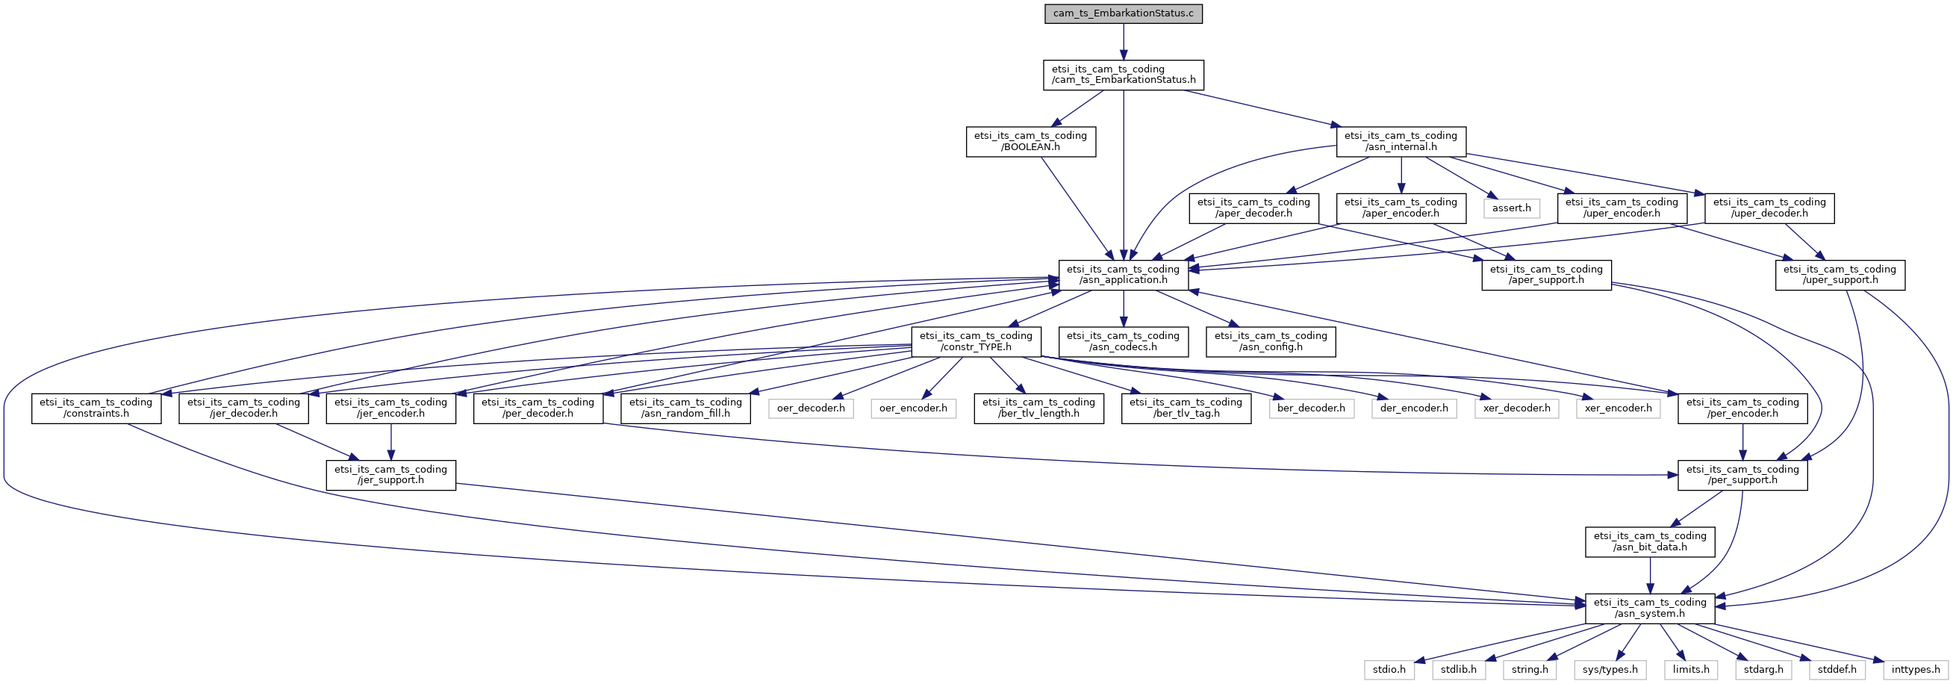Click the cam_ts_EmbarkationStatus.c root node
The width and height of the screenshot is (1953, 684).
click(x=1123, y=13)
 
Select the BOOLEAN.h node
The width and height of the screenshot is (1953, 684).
click(x=1030, y=142)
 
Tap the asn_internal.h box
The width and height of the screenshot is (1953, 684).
click(x=1401, y=142)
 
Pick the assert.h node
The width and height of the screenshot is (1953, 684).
click(x=1511, y=208)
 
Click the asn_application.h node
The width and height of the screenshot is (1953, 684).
click(x=1123, y=275)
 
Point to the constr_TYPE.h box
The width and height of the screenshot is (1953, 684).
click(x=976, y=341)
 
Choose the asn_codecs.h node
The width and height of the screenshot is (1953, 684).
click(x=1123, y=341)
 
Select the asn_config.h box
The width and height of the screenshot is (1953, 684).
click(x=1271, y=341)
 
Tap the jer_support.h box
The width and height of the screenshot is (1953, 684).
click(x=390, y=475)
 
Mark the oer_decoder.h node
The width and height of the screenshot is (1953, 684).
click(x=811, y=408)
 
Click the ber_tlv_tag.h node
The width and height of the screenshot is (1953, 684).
click(x=1186, y=408)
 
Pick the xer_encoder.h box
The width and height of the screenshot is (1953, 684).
click(x=1618, y=408)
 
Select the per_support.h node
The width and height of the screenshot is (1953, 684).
click(x=1742, y=475)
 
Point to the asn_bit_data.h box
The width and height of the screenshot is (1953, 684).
click(x=1650, y=541)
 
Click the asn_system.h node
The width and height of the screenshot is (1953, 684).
click(x=1650, y=608)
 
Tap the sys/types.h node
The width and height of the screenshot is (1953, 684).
click(x=1610, y=670)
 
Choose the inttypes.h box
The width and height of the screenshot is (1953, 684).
click(x=1915, y=670)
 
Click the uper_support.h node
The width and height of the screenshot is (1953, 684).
click(x=1840, y=275)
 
